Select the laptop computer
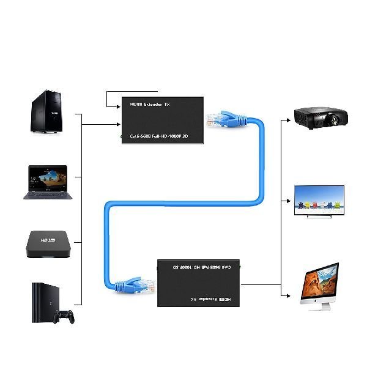point(48,182)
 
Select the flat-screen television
point(319,201)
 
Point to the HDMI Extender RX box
point(202,283)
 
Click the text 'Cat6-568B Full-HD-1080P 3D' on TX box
point(160,136)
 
